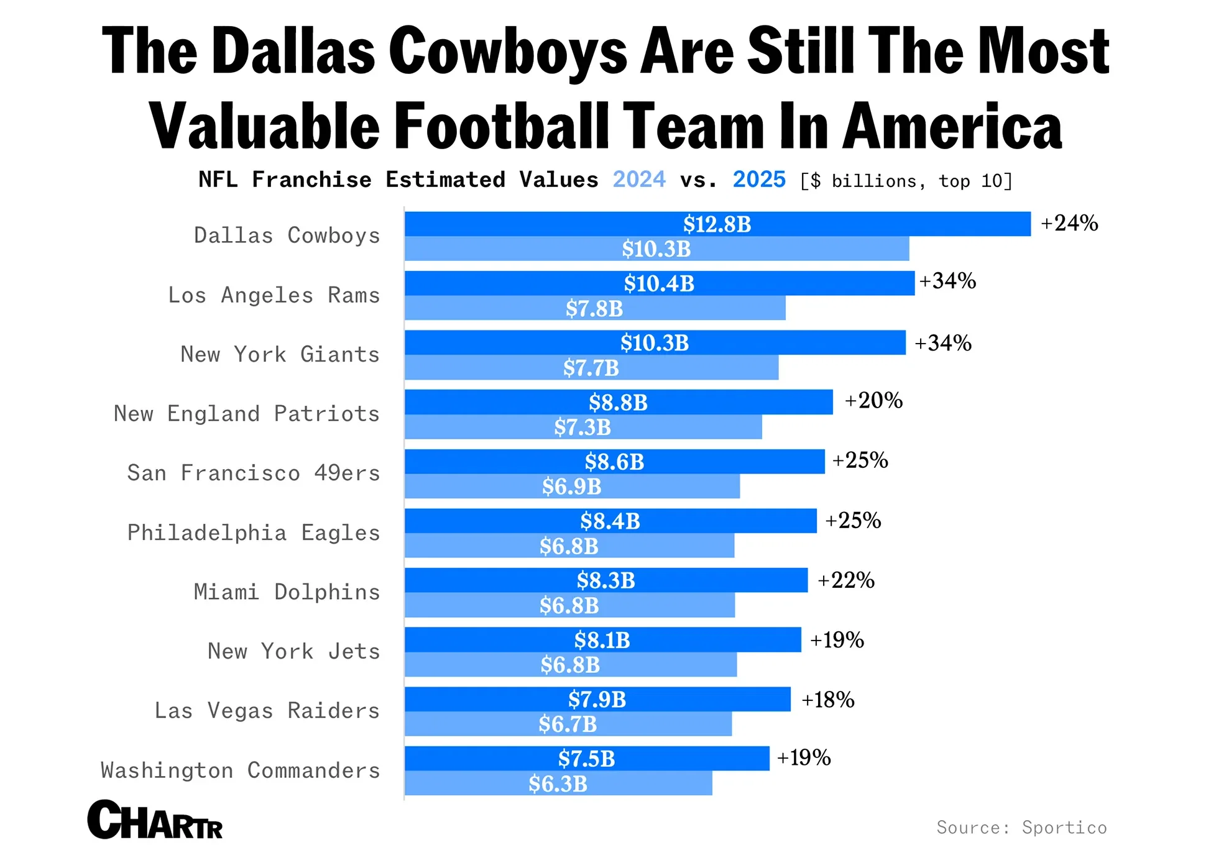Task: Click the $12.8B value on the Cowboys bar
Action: (717, 224)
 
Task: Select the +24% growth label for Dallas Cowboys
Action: (1069, 223)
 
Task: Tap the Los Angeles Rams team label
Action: (274, 295)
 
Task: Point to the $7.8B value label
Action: (594, 309)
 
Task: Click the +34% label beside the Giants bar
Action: (942, 343)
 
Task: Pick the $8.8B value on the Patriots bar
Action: (618, 403)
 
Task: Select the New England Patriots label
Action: (246, 414)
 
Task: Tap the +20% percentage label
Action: (873, 401)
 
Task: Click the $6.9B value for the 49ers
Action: (571, 486)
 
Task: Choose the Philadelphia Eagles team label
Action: (253, 533)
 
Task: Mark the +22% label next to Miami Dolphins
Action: (845, 580)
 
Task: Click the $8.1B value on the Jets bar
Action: (602, 640)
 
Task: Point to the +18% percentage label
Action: (827, 700)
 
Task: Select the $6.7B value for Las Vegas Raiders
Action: (567, 724)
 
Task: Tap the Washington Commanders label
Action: (240, 770)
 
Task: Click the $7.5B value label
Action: (586, 759)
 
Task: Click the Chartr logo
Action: (155, 820)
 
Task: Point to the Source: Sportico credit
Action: (1021, 828)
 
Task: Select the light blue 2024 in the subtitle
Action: (638, 180)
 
